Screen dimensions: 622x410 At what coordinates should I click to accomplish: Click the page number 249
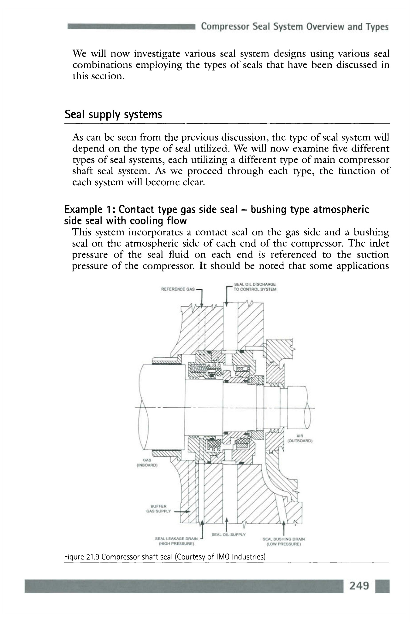pos(359,585)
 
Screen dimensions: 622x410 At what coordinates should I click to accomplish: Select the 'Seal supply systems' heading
pos(113,114)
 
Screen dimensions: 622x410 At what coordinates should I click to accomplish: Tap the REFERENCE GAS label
pos(178,289)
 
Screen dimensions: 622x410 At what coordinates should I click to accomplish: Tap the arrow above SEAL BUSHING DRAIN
pos(284,524)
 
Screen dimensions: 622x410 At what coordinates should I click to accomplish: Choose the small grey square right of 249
pos(382,586)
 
